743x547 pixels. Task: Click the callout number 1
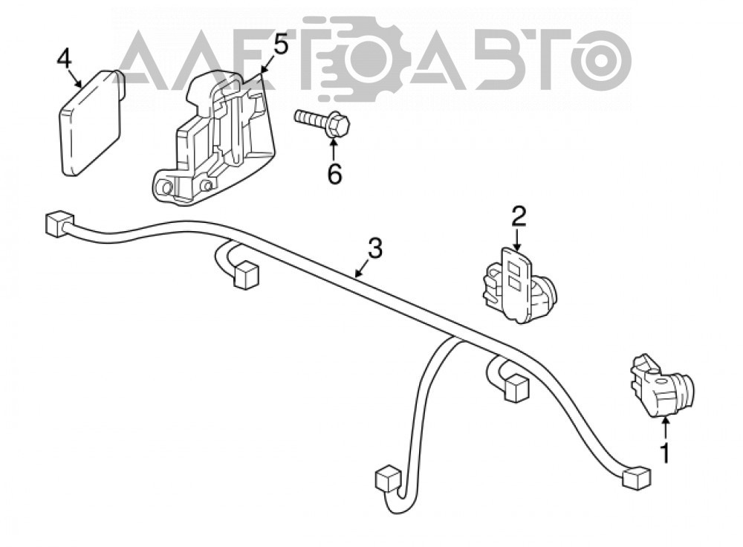[665, 453]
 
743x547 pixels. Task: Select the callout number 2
[518, 216]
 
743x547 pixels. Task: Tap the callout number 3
[374, 248]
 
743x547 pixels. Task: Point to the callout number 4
[64, 59]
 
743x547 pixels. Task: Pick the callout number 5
[281, 45]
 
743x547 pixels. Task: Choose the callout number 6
[334, 175]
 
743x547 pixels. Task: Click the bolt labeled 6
[322, 123]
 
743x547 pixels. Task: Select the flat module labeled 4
[91, 122]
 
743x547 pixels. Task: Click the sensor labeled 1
[662, 386]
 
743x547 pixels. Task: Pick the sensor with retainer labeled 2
[519, 285]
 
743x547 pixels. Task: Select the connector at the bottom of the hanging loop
[389, 479]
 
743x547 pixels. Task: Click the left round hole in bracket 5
[166, 188]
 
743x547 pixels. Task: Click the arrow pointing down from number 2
[516, 239]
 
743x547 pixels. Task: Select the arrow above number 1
[665, 427]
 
